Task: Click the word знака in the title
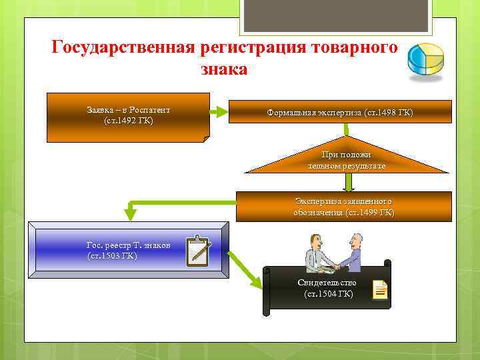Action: point(223,69)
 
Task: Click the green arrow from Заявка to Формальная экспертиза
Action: point(218,112)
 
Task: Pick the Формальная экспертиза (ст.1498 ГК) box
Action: point(340,112)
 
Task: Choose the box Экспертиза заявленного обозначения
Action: point(343,207)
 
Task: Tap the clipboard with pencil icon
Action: point(199,251)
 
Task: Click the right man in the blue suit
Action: point(354,253)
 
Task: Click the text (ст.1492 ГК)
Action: point(128,121)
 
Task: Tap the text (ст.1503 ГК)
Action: point(112,256)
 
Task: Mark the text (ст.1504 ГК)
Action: point(328,294)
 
